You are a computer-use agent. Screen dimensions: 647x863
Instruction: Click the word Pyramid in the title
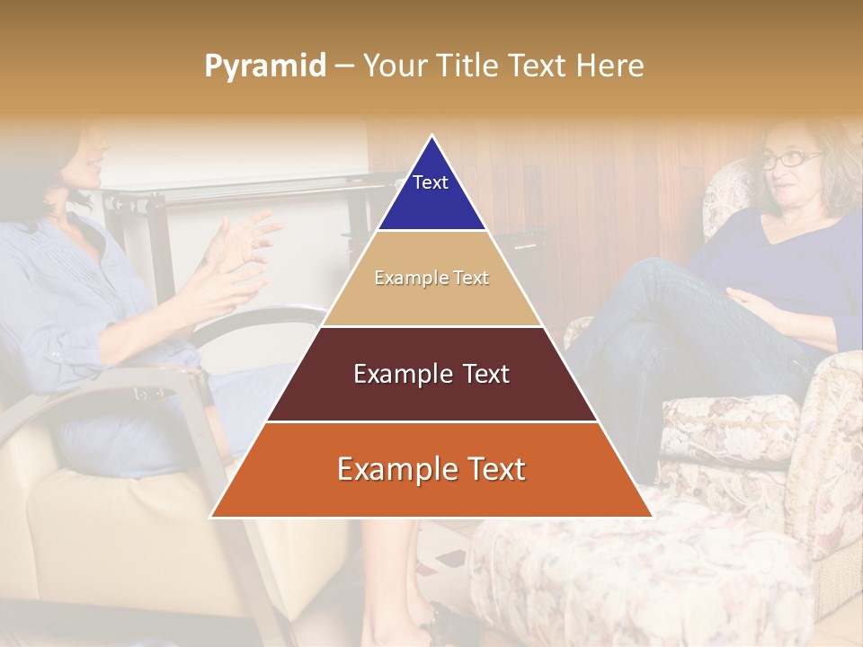[x=264, y=66]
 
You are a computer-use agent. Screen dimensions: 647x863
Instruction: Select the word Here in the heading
[x=610, y=66]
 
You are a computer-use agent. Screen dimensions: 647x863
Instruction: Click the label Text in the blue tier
[x=431, y=182]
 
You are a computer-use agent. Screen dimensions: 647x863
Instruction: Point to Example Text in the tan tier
[x=431, y=278]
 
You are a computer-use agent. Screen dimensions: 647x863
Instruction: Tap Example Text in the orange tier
[x=431, y=469]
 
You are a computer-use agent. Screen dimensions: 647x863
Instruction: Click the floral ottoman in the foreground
[x=629, y=575]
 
